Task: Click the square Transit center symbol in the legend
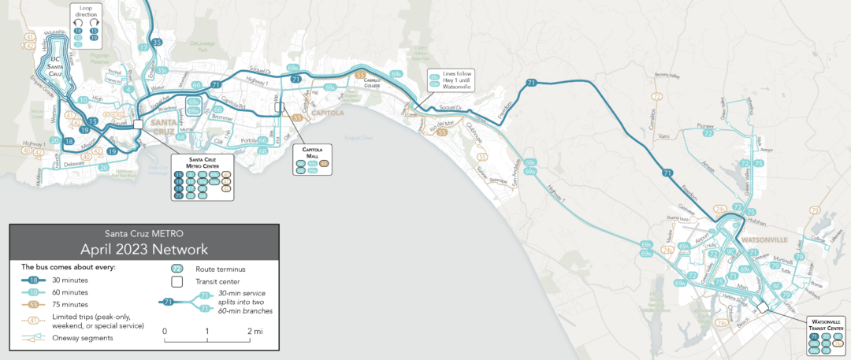point(177,281)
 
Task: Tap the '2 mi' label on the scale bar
point(255,332)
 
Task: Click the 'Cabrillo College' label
point(372,82)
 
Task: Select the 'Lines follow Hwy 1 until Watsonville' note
point(457,80)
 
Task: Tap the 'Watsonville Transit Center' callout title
point(825,325)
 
